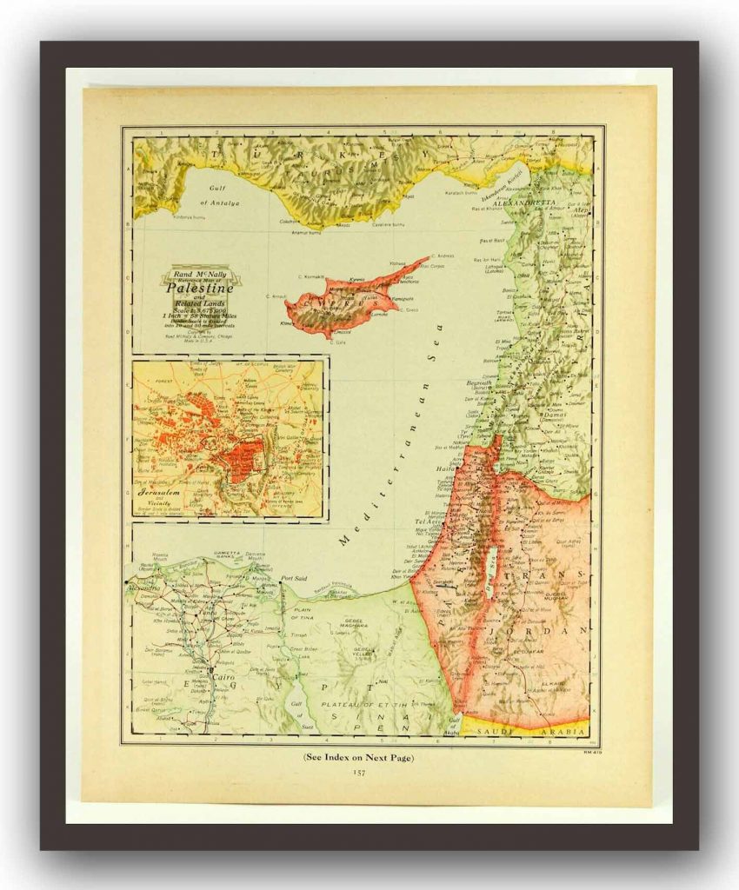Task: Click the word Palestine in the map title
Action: [x=193, y=288]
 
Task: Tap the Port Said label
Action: [x=295, y=578]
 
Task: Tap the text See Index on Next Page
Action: [x=358, y=758]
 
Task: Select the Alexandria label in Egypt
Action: [x=143, y=587]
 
